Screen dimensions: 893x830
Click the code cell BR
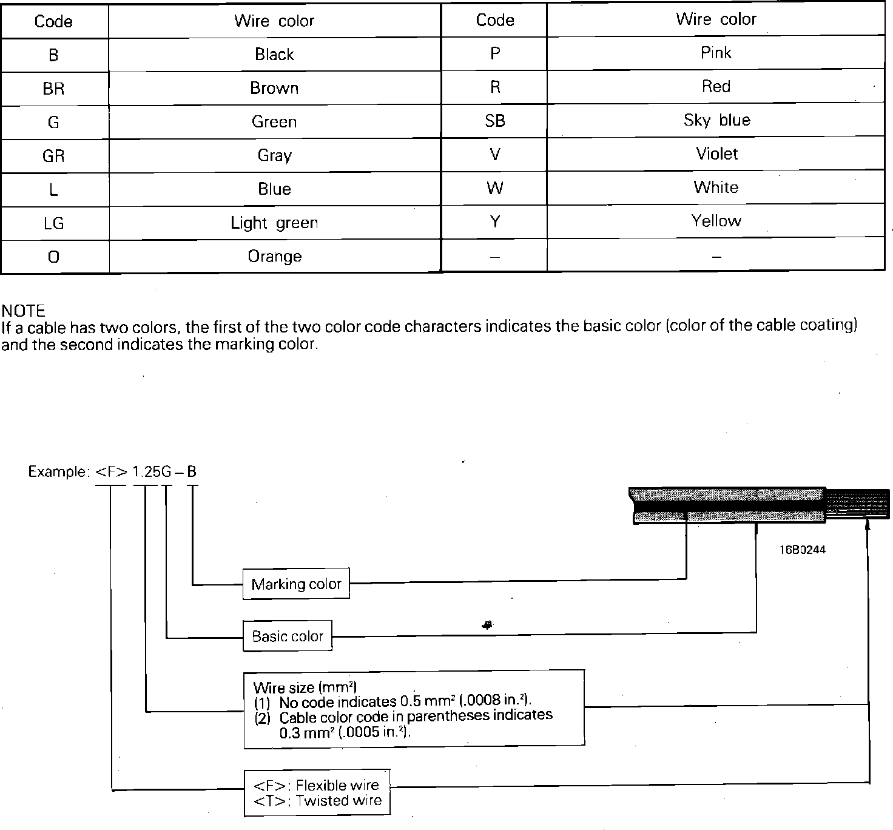tap(53, 89)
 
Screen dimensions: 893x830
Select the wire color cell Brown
tap(274, 88)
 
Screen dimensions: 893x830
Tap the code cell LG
tap(53, 223)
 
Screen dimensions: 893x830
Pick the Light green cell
tap(274, 223)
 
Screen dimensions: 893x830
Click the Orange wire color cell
tap(274, 256)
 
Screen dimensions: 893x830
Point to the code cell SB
tap(494, 121)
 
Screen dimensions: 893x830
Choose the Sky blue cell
tap(716, 120)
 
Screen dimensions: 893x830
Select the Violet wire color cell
tap(716, 154)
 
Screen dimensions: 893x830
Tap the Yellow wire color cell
tap(716, 221)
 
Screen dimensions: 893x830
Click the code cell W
tap(494, 188)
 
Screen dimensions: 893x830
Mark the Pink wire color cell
tap(716, 53)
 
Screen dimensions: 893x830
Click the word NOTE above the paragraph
tap(24, 311)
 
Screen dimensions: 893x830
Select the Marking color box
tap(296, 584)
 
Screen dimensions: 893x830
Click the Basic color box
tap(288, 636)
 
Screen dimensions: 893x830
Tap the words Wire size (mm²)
tap(305, 687)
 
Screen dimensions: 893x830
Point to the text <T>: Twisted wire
tap(317, 801)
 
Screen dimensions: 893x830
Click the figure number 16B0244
tap(802, 550)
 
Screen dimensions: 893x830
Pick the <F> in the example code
tap(111, 472)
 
